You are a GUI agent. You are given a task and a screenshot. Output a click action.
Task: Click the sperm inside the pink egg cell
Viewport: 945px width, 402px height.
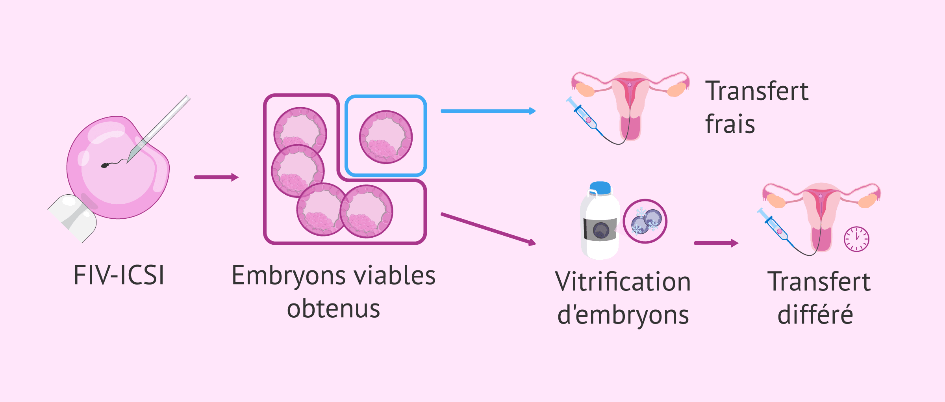(106, 165)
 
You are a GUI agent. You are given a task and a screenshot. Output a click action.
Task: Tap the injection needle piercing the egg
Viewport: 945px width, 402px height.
(161, 126)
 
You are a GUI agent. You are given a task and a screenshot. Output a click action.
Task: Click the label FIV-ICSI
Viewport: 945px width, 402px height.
(119, 275)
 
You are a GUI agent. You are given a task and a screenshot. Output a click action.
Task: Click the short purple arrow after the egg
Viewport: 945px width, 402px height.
(216, 177)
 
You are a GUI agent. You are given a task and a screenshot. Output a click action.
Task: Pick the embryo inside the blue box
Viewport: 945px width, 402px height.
(386, 137)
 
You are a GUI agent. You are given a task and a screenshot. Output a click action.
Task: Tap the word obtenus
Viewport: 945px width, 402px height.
(334, 309)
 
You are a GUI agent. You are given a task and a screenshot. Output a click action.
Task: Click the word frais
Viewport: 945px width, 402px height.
(730, 124)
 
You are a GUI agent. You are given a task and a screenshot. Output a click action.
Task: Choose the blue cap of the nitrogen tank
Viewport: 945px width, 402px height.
(600, 188)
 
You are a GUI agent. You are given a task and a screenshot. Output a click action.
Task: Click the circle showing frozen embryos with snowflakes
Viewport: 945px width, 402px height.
(645, 221)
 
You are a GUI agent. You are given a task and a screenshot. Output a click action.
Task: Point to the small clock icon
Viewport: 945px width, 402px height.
(856, 239)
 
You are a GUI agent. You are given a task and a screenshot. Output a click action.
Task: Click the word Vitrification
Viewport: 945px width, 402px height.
(623, 282)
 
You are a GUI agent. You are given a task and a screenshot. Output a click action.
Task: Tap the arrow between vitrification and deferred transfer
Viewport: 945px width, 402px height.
(715, 243)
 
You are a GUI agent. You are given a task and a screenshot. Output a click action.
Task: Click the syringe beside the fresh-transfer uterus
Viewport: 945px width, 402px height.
(583, 114)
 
